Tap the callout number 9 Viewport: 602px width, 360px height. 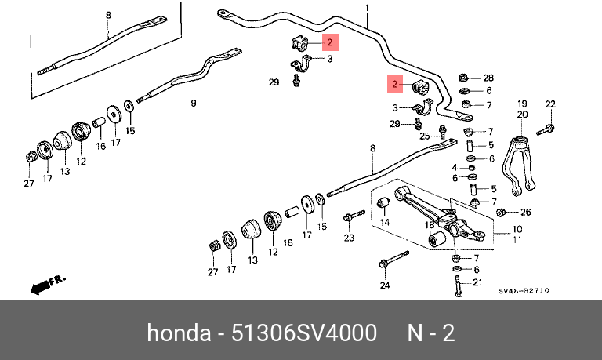coord(194,103)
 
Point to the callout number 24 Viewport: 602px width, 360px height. coord(385,285)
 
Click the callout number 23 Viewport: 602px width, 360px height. coord(349,238)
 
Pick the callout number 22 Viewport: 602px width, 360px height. coord(550,104)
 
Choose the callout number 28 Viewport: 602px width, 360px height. coord(488,78)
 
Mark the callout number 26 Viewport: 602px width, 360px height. coord(525,213)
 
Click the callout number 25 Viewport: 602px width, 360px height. coord(424,136)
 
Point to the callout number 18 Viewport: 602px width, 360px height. coord(430,225)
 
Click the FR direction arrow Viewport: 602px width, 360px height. coord(48,285)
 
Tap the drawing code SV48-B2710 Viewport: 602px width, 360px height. coord(523,291)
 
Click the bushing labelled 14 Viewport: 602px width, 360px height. coord(384,205)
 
